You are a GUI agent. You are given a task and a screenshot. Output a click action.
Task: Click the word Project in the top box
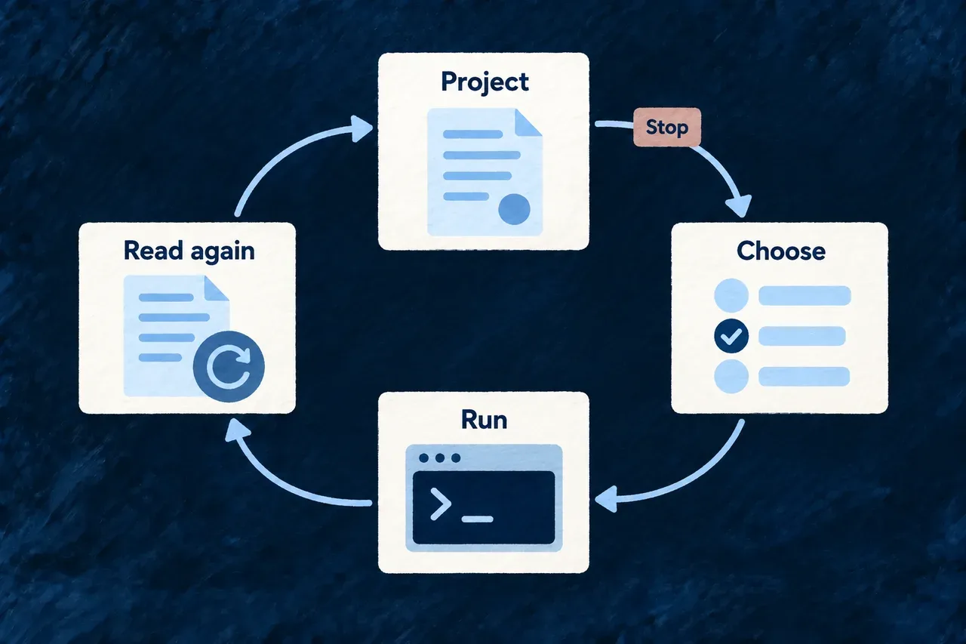(485, 82)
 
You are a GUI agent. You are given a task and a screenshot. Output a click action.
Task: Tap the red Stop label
(666, 127)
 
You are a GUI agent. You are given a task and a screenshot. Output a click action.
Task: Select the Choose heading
(780, 251)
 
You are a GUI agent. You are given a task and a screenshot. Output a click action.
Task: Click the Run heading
(484, 420)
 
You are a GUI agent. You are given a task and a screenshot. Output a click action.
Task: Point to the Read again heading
(189, 251)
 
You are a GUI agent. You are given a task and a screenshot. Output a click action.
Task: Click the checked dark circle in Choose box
(731, 336)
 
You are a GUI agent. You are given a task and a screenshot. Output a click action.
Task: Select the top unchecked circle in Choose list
(731, 295)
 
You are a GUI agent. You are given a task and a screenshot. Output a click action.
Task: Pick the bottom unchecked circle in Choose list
(731, 377)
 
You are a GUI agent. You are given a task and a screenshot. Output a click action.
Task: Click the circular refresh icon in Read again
(229, 367)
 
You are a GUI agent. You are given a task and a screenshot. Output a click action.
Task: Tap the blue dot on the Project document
(514, 209)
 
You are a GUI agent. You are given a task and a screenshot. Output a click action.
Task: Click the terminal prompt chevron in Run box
(441, 504)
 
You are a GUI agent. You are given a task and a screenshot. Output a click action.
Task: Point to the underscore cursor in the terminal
(477, 519)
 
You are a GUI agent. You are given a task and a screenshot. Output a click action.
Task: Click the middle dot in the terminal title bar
(440, 458)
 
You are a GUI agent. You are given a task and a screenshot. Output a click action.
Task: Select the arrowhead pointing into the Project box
(361, 128)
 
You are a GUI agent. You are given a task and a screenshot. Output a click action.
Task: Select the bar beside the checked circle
(802, 336)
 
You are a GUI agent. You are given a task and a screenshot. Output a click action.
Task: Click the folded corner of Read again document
(216, 288)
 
